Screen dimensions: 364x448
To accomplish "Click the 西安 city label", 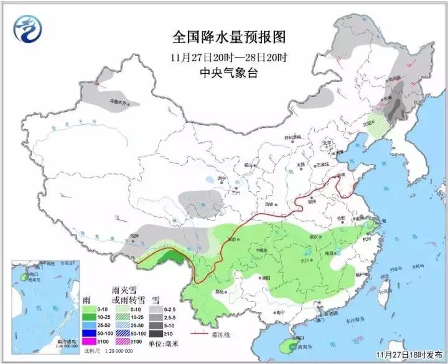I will click(x=269, y=204).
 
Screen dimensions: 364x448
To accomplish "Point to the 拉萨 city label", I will click(x=135, y=236).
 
